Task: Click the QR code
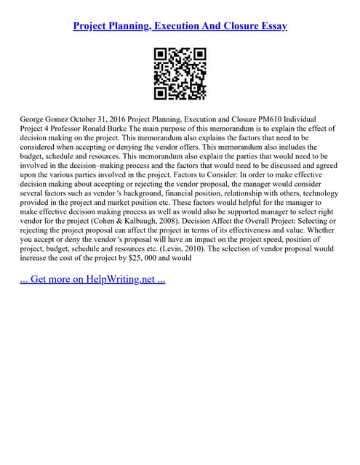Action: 180,73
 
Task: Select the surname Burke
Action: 132,127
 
